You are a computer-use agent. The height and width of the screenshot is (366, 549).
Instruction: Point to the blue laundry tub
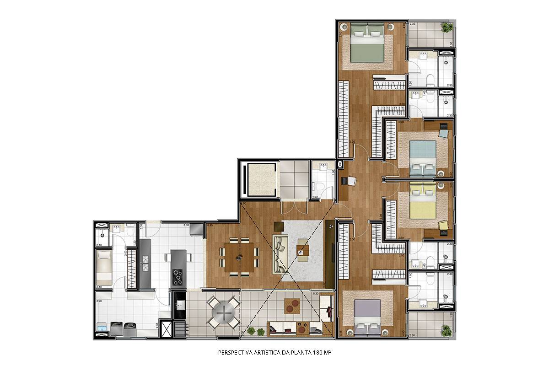point(102,328)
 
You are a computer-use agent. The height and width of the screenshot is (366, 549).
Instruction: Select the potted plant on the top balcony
point(445,29)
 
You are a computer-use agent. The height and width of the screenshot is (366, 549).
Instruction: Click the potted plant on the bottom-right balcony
point(445,328)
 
